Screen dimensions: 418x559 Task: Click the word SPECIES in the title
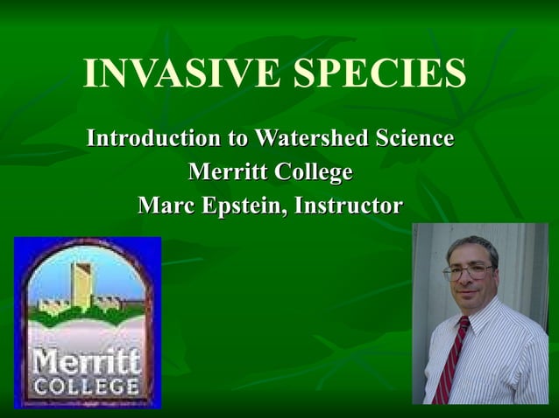[379, 74]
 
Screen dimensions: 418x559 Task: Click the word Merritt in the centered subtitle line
[228, 172]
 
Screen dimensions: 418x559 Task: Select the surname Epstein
[248, 207]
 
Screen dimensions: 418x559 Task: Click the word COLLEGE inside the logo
[87, 386]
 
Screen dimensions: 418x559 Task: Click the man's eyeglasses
[468, 272]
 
